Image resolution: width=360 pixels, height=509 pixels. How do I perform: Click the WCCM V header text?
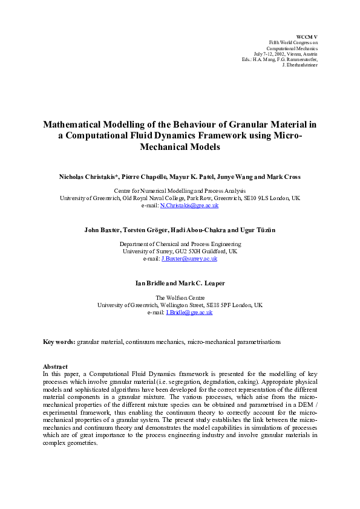tap(307, 37)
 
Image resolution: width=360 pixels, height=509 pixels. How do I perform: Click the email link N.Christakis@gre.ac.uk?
tap(189, 206)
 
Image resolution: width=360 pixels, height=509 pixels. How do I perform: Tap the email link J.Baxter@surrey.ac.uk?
tap(189, 259)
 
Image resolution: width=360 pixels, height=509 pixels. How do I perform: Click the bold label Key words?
tap(59, 342)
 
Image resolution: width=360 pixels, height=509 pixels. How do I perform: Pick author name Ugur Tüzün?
tap(256, 230)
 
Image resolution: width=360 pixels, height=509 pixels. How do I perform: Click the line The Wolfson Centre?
tap(180, 298)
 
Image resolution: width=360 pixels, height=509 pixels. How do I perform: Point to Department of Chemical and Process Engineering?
tap(180, 244)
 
